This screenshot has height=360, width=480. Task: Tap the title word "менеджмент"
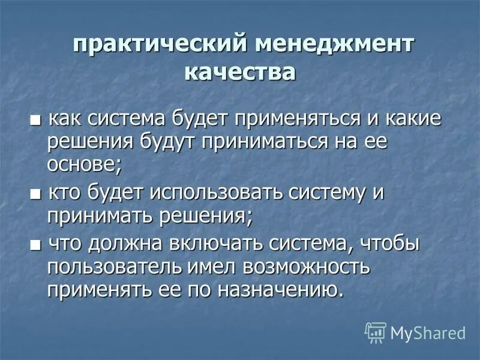tap(335, 46)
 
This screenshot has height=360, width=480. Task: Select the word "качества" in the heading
tap(240, 73)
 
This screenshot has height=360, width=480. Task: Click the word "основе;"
tap(85, 163)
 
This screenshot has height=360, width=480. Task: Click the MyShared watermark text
tap(428, 332)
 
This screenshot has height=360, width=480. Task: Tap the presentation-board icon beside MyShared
tap(376, 332)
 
